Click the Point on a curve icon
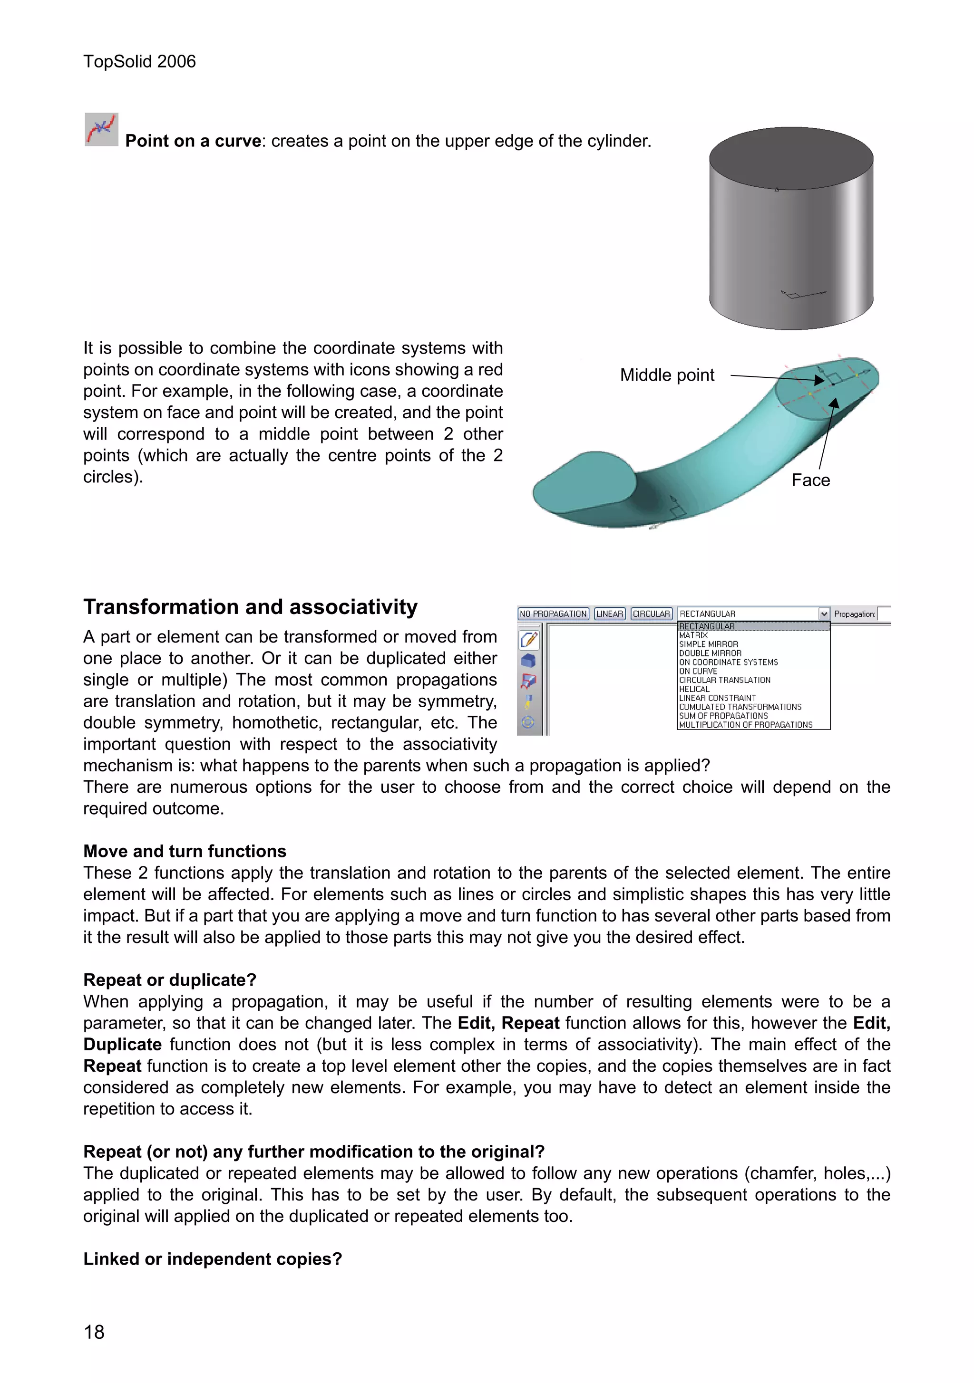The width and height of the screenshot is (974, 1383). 101,129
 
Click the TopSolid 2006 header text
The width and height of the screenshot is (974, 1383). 139,61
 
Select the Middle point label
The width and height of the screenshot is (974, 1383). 667,375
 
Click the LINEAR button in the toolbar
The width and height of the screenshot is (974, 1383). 609,614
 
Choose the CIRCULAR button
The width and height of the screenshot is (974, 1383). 651,614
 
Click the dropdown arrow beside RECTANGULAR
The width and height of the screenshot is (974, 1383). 824,614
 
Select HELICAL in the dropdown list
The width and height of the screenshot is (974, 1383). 694,689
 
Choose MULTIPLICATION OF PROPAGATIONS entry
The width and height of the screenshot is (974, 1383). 746,725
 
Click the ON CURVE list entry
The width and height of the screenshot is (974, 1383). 698,671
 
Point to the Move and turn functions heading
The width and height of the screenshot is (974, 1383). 185,851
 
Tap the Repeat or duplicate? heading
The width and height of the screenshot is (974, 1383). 169,980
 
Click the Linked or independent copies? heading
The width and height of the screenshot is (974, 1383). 212,1259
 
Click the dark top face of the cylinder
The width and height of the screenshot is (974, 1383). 791,158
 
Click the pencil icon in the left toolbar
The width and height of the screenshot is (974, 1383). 528,640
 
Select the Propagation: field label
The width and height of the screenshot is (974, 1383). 854,615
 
